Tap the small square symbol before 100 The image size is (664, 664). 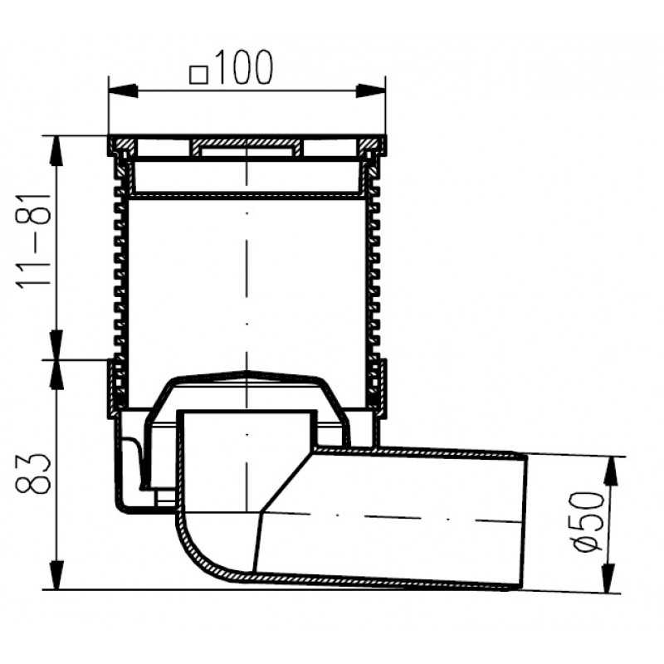pyautogui.click(x=198, y=76)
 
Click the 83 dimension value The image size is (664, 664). pyautogui.click(x=33, y=474)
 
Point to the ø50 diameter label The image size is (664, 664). pyautogui.click(x=588, y=522)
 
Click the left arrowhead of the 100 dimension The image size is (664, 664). pyautogui.click(x=123, y=90)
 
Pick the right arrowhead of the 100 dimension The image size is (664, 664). pyautogui.click(x=370, y=90)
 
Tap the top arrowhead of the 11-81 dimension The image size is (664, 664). pyautogui.click(x=56, y=151)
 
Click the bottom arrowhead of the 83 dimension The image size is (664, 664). pyautogui.click(x=56, y=574)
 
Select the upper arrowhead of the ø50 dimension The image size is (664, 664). pyautogui.click(x=611, y=471)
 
